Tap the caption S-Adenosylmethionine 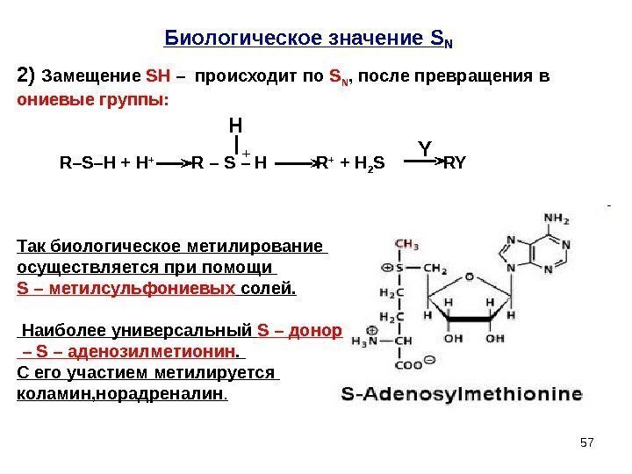pyautogui.click(x=459, y=396)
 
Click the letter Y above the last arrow pyautogui.click(x=424, y=149)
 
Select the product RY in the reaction pyautogui.click(x=455, y=162)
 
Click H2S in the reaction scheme pyautogui.click(x=379, y=163)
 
